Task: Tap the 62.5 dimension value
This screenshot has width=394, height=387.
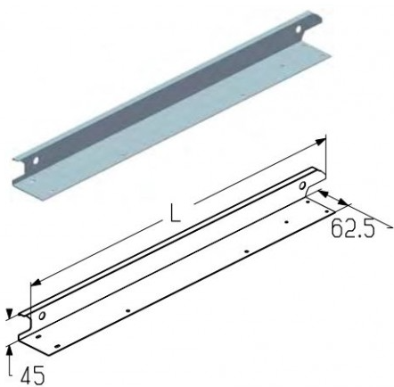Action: [352, 228]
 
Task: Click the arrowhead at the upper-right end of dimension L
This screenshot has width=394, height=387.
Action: [320, 142]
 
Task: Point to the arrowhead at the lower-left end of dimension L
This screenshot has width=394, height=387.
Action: [36, 283]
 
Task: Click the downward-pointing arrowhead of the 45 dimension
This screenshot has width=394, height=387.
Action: [10, 314]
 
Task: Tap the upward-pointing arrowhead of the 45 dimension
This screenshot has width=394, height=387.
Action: [10, 350]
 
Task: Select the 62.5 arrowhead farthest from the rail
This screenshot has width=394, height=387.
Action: [342, 203]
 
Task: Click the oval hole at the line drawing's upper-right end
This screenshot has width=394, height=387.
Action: [302, 185]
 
